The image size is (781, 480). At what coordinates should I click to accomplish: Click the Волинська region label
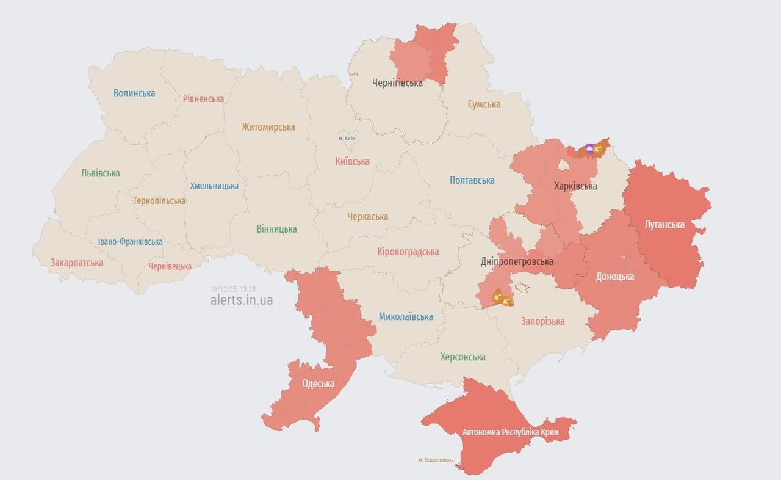[x=134, y=93]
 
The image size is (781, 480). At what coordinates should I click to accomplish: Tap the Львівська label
[x=100, y=173]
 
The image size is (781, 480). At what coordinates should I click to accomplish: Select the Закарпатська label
[x=77, y=263]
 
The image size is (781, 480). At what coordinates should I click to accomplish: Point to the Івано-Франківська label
[x=131, y=242]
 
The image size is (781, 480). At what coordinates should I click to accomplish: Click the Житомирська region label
[x=268, y=127]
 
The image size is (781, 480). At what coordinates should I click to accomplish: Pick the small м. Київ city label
[x=347, y=139]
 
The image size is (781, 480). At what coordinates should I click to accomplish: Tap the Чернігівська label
[x=397, y=83]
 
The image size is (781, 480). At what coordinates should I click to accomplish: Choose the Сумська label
[x=484, y=104]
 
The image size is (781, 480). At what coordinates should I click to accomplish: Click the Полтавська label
[x=472, y=180]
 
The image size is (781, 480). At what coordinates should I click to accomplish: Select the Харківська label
[x=575, y=186]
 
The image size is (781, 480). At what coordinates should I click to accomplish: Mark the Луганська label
[x=664, y=224]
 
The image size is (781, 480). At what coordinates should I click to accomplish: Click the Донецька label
[x=614, y=277]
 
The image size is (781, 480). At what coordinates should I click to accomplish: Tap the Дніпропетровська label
[x=517, y=261]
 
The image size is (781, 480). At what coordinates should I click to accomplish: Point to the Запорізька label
[x=542, y=321]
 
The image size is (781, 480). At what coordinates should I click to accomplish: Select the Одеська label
[x=318, y=384]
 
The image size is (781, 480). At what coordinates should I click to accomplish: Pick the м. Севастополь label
[x=436, y=459]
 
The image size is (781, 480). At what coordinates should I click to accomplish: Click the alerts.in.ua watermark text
[x=242, y=300]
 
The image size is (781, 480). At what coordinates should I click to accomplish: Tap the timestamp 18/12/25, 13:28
[x=233, y=289]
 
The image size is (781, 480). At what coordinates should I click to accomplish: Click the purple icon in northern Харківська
[x=589, y=148]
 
